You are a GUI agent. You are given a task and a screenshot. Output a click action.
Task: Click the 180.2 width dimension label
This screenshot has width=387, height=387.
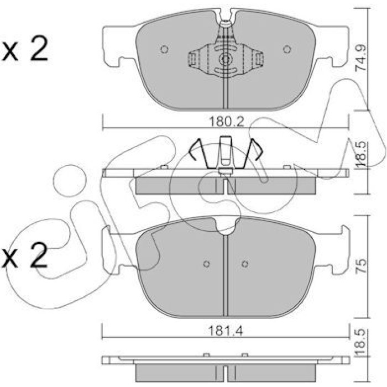point(226,122)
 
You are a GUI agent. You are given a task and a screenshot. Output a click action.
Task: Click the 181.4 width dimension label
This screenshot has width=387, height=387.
point(226,331)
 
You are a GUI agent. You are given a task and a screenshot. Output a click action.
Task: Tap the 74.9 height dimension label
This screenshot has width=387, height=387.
point(361,58)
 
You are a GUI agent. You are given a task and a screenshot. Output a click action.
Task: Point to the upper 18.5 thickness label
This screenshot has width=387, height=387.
point(361,153)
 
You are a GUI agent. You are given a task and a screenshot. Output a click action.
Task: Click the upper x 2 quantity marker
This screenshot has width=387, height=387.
point(24,49)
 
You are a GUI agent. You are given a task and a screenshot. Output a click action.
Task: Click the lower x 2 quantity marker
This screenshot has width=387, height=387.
point(24,255)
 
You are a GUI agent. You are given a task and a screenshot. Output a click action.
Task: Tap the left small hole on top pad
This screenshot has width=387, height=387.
point(164,49)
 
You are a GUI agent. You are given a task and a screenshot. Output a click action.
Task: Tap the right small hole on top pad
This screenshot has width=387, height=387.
point(287,49)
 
